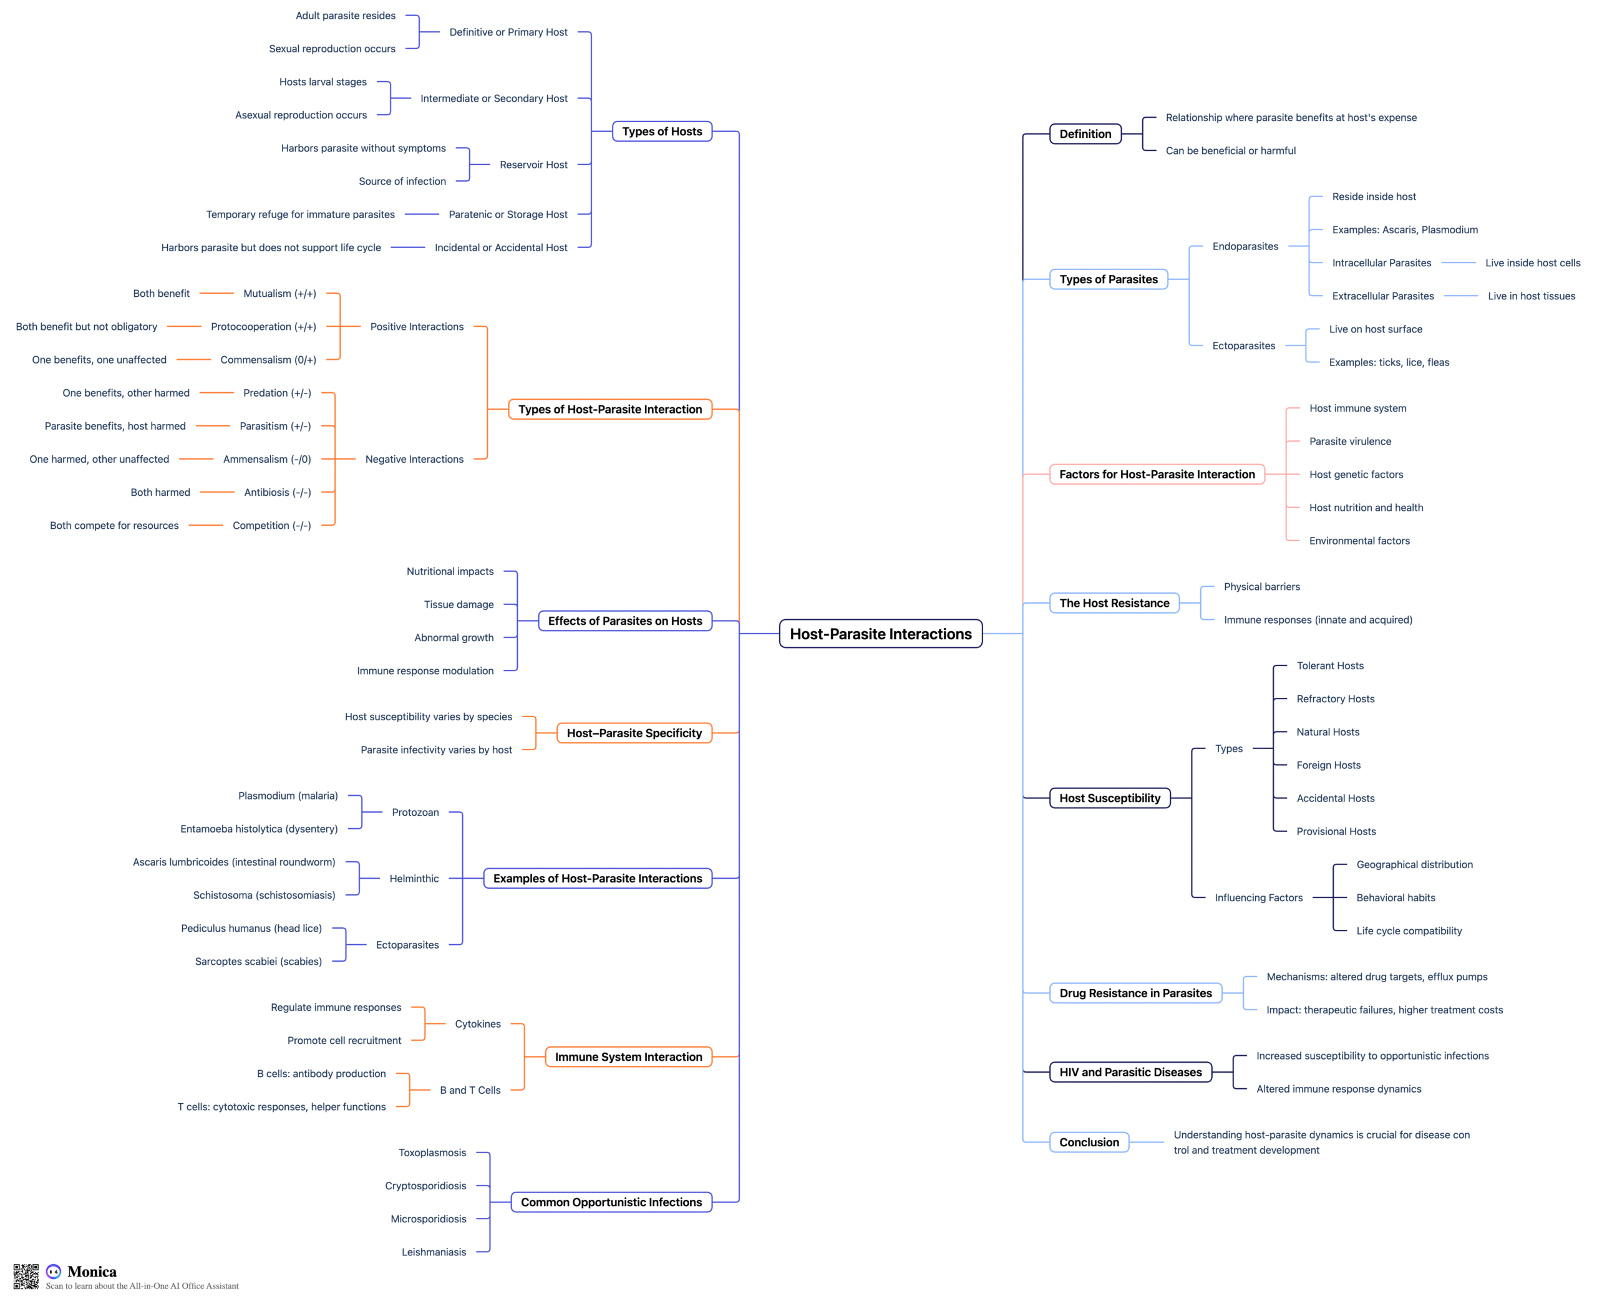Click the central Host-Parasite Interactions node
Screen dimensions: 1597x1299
[880, 634]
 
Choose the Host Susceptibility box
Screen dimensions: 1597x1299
[1110, 798]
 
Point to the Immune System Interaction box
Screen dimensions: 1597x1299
[629, 1056]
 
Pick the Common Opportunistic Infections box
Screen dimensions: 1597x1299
[611, 1202]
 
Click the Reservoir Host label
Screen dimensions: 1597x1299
[533, 165]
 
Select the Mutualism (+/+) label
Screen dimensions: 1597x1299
[280, 293]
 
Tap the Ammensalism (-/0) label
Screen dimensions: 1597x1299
[267, 459]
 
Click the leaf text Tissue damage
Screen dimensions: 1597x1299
[459, 605]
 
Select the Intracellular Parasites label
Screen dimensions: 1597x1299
[1382, 263]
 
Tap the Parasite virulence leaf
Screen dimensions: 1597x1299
[1350, 442]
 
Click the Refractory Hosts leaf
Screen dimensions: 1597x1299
[1335, 699]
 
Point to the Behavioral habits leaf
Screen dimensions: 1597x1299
[1396, 897]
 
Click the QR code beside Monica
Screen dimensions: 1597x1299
[26, 1277]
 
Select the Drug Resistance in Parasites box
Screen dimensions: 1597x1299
[1135, 993]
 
